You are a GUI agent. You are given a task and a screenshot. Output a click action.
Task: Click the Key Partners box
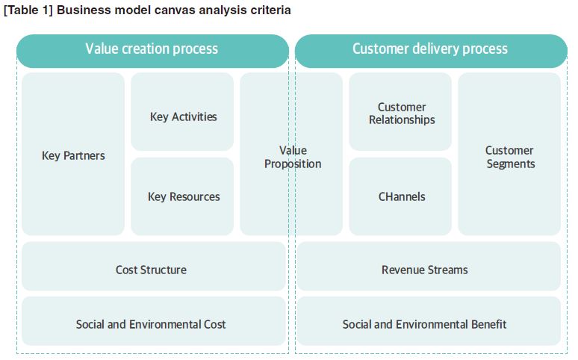(73, 154)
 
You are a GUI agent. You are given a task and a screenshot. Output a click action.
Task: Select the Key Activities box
(182, 111)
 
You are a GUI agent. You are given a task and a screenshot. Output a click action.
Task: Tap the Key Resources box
(182, 196)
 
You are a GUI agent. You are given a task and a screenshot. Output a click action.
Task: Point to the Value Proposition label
(293, 157)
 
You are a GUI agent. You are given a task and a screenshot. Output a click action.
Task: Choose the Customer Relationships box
(400, 111)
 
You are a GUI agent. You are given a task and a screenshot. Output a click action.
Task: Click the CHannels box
(400, 196)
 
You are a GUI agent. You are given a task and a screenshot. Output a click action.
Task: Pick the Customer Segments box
(509, 154)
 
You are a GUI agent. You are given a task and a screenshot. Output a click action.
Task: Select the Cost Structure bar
(153, 266)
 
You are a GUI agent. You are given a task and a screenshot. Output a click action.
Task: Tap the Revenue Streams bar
(429, 266)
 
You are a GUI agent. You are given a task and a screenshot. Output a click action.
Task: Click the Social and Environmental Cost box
(153, 321)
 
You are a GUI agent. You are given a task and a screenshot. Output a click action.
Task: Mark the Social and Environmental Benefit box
(429, 321)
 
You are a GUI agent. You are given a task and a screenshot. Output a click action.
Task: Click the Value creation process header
(152, 51)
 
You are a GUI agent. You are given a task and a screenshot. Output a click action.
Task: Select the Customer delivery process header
(431, 51)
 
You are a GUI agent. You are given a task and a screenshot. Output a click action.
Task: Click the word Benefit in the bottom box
(489, 324)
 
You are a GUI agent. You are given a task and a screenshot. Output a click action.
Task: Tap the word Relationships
(402, 120)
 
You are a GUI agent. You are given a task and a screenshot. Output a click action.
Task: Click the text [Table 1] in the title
(28, 10)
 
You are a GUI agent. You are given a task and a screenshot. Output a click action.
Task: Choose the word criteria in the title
(271, 10)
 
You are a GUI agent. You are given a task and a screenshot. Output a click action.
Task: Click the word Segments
(511, 164)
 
